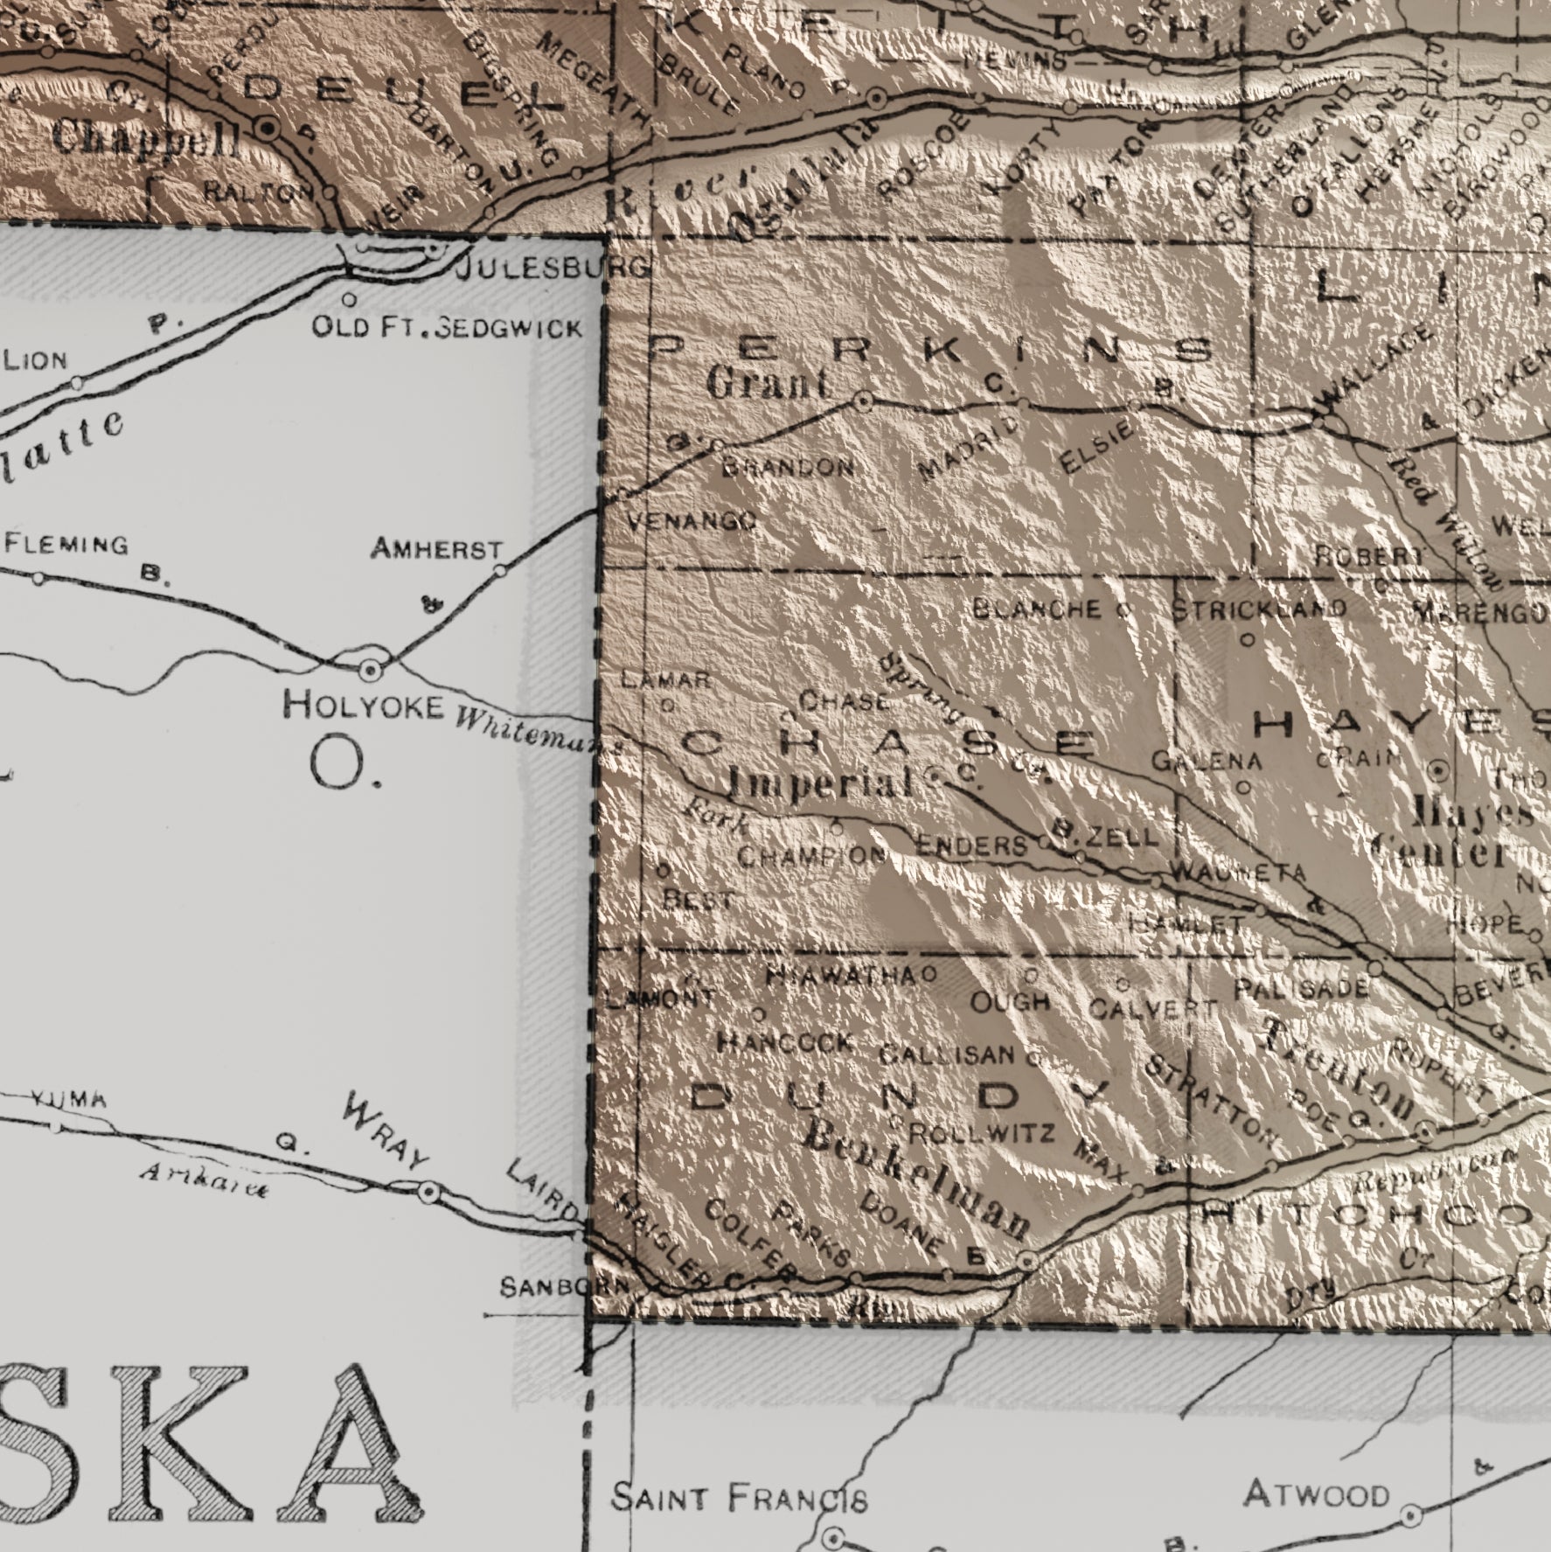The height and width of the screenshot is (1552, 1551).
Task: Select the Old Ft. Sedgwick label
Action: pyautogui.click(x=447, y=327)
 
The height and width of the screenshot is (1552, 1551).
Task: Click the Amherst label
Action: pyautogui.click(x=436, y=550)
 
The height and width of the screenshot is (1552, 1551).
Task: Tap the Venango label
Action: pyautogui.click(x=692, y=523)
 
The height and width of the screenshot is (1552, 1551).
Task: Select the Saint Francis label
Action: pyautogui.click(x=739, y=1499)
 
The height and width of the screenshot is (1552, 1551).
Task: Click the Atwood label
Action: pyautogui.click(x=1316, y=1494)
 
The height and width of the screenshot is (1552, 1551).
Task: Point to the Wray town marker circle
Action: pyautogui.click(x=428, y=1193)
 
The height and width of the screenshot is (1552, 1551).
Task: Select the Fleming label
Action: pyautogui.click(x=66, y=545)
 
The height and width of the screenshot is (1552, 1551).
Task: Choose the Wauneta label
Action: pyautogui.click(x=1237, y=872)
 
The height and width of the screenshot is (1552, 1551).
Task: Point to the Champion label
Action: pyautogui.click(x=812, y=855)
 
